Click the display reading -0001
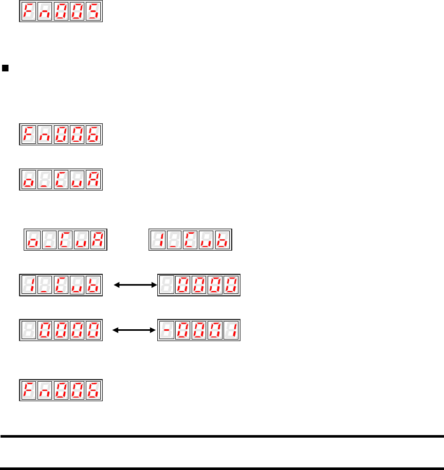198,330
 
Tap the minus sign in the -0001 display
165,330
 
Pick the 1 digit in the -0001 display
231,330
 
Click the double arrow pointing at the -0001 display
134,330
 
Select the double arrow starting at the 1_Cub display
134,285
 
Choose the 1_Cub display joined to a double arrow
61,285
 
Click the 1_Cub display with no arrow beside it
190,240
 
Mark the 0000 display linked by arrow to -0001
61,330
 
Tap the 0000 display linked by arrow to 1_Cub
198,285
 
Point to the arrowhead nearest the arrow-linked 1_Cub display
117,285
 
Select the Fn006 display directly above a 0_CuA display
61,135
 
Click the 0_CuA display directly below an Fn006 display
61,179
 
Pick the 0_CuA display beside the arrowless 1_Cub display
66,240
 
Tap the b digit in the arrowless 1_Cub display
223,240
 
